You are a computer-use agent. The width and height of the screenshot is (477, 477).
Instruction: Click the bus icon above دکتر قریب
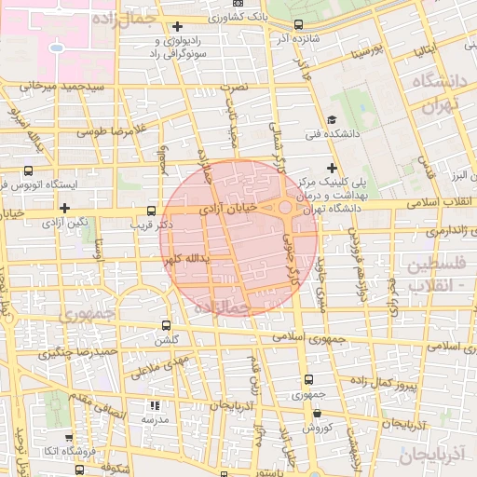coord(152,211)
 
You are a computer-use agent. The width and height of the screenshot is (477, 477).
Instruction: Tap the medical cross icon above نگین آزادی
coord(64,208)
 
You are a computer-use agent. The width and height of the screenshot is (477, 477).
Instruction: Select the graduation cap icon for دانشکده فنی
coord(332,120)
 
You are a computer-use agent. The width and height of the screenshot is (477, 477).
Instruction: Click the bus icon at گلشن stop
coord(166,325)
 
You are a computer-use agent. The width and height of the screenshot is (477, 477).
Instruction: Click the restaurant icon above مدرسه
coord(155,405)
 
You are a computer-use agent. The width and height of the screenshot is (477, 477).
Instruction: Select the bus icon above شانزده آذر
coord(298,25)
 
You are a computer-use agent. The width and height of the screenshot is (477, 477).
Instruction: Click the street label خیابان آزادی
coord(240,211)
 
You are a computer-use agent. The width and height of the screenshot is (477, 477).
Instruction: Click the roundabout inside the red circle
coord(284,208)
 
